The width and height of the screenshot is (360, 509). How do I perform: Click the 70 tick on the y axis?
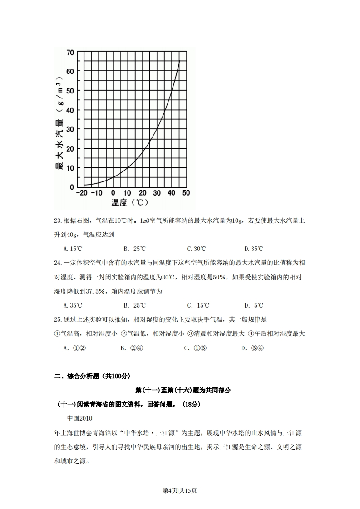[x=70, y=53]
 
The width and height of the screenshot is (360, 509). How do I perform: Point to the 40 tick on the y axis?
[x=70, y=110]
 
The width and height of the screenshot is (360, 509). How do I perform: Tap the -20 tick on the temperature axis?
[x=82, y=193]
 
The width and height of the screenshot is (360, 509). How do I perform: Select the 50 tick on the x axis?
[x=186, y=193]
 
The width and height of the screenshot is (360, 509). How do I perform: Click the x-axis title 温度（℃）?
[x=130, y=202]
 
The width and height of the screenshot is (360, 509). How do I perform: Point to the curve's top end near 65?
[x=179, y=62]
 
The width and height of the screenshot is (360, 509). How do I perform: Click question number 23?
[x=58, y=221]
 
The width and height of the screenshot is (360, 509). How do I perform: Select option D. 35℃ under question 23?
[x=254, y=249]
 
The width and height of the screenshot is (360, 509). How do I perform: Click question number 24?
[x=58, y=263]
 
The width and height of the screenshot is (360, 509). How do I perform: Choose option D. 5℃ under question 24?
[x=254, y=305]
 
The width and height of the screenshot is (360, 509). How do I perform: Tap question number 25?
[x=58, y=320]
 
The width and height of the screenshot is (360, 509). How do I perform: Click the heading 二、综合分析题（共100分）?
[x=92, y=376]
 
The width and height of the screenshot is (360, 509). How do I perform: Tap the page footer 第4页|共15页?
[x=180, y=490]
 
